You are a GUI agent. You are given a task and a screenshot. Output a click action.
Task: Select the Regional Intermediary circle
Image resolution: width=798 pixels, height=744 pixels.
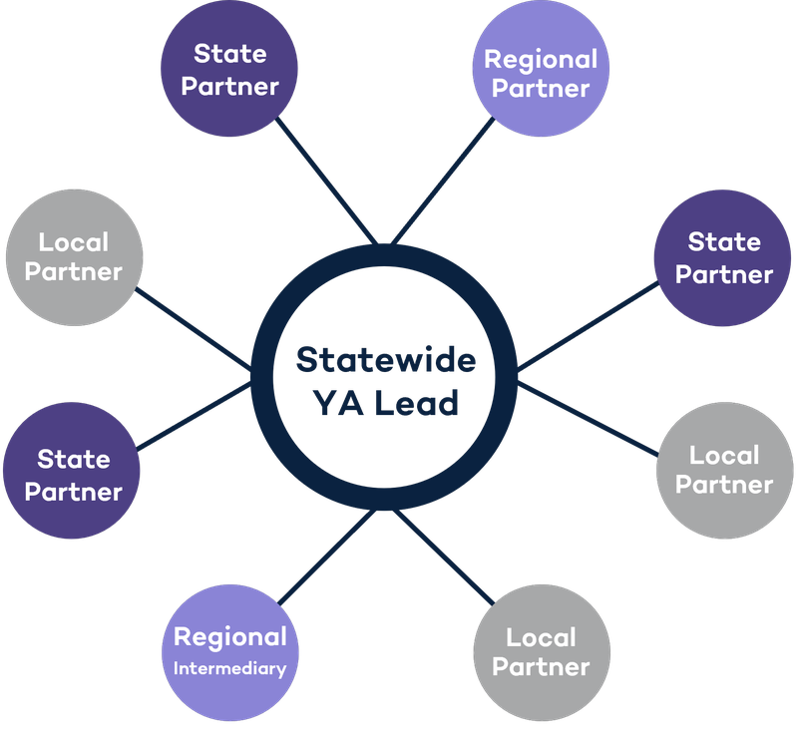tap(230, 651)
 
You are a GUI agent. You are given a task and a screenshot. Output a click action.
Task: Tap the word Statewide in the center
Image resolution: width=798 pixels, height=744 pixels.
tap(385, 360)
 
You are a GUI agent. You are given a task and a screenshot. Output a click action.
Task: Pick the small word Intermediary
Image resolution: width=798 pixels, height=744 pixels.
tap(230, 668)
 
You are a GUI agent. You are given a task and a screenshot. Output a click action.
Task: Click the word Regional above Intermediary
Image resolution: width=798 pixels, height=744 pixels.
tap(230, 637)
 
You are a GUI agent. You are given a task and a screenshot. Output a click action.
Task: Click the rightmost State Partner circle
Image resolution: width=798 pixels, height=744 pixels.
tap(724, 257)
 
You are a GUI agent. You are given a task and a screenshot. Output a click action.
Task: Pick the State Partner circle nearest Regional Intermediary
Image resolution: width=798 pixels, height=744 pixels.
tap(73, 474)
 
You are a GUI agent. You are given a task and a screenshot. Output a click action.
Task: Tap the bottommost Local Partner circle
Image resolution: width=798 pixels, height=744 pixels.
tap(541, 651)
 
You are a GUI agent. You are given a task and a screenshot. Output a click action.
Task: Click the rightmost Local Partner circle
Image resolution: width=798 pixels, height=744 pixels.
tap(724, 470)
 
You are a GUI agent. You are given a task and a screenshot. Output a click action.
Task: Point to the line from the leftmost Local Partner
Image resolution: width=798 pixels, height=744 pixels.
tap(196, 323)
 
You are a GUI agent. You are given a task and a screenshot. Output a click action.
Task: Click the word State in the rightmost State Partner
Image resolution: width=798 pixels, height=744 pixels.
tap(724, 242)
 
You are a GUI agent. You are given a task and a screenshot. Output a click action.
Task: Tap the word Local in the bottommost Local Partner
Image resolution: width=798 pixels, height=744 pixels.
tap(541, 636)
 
